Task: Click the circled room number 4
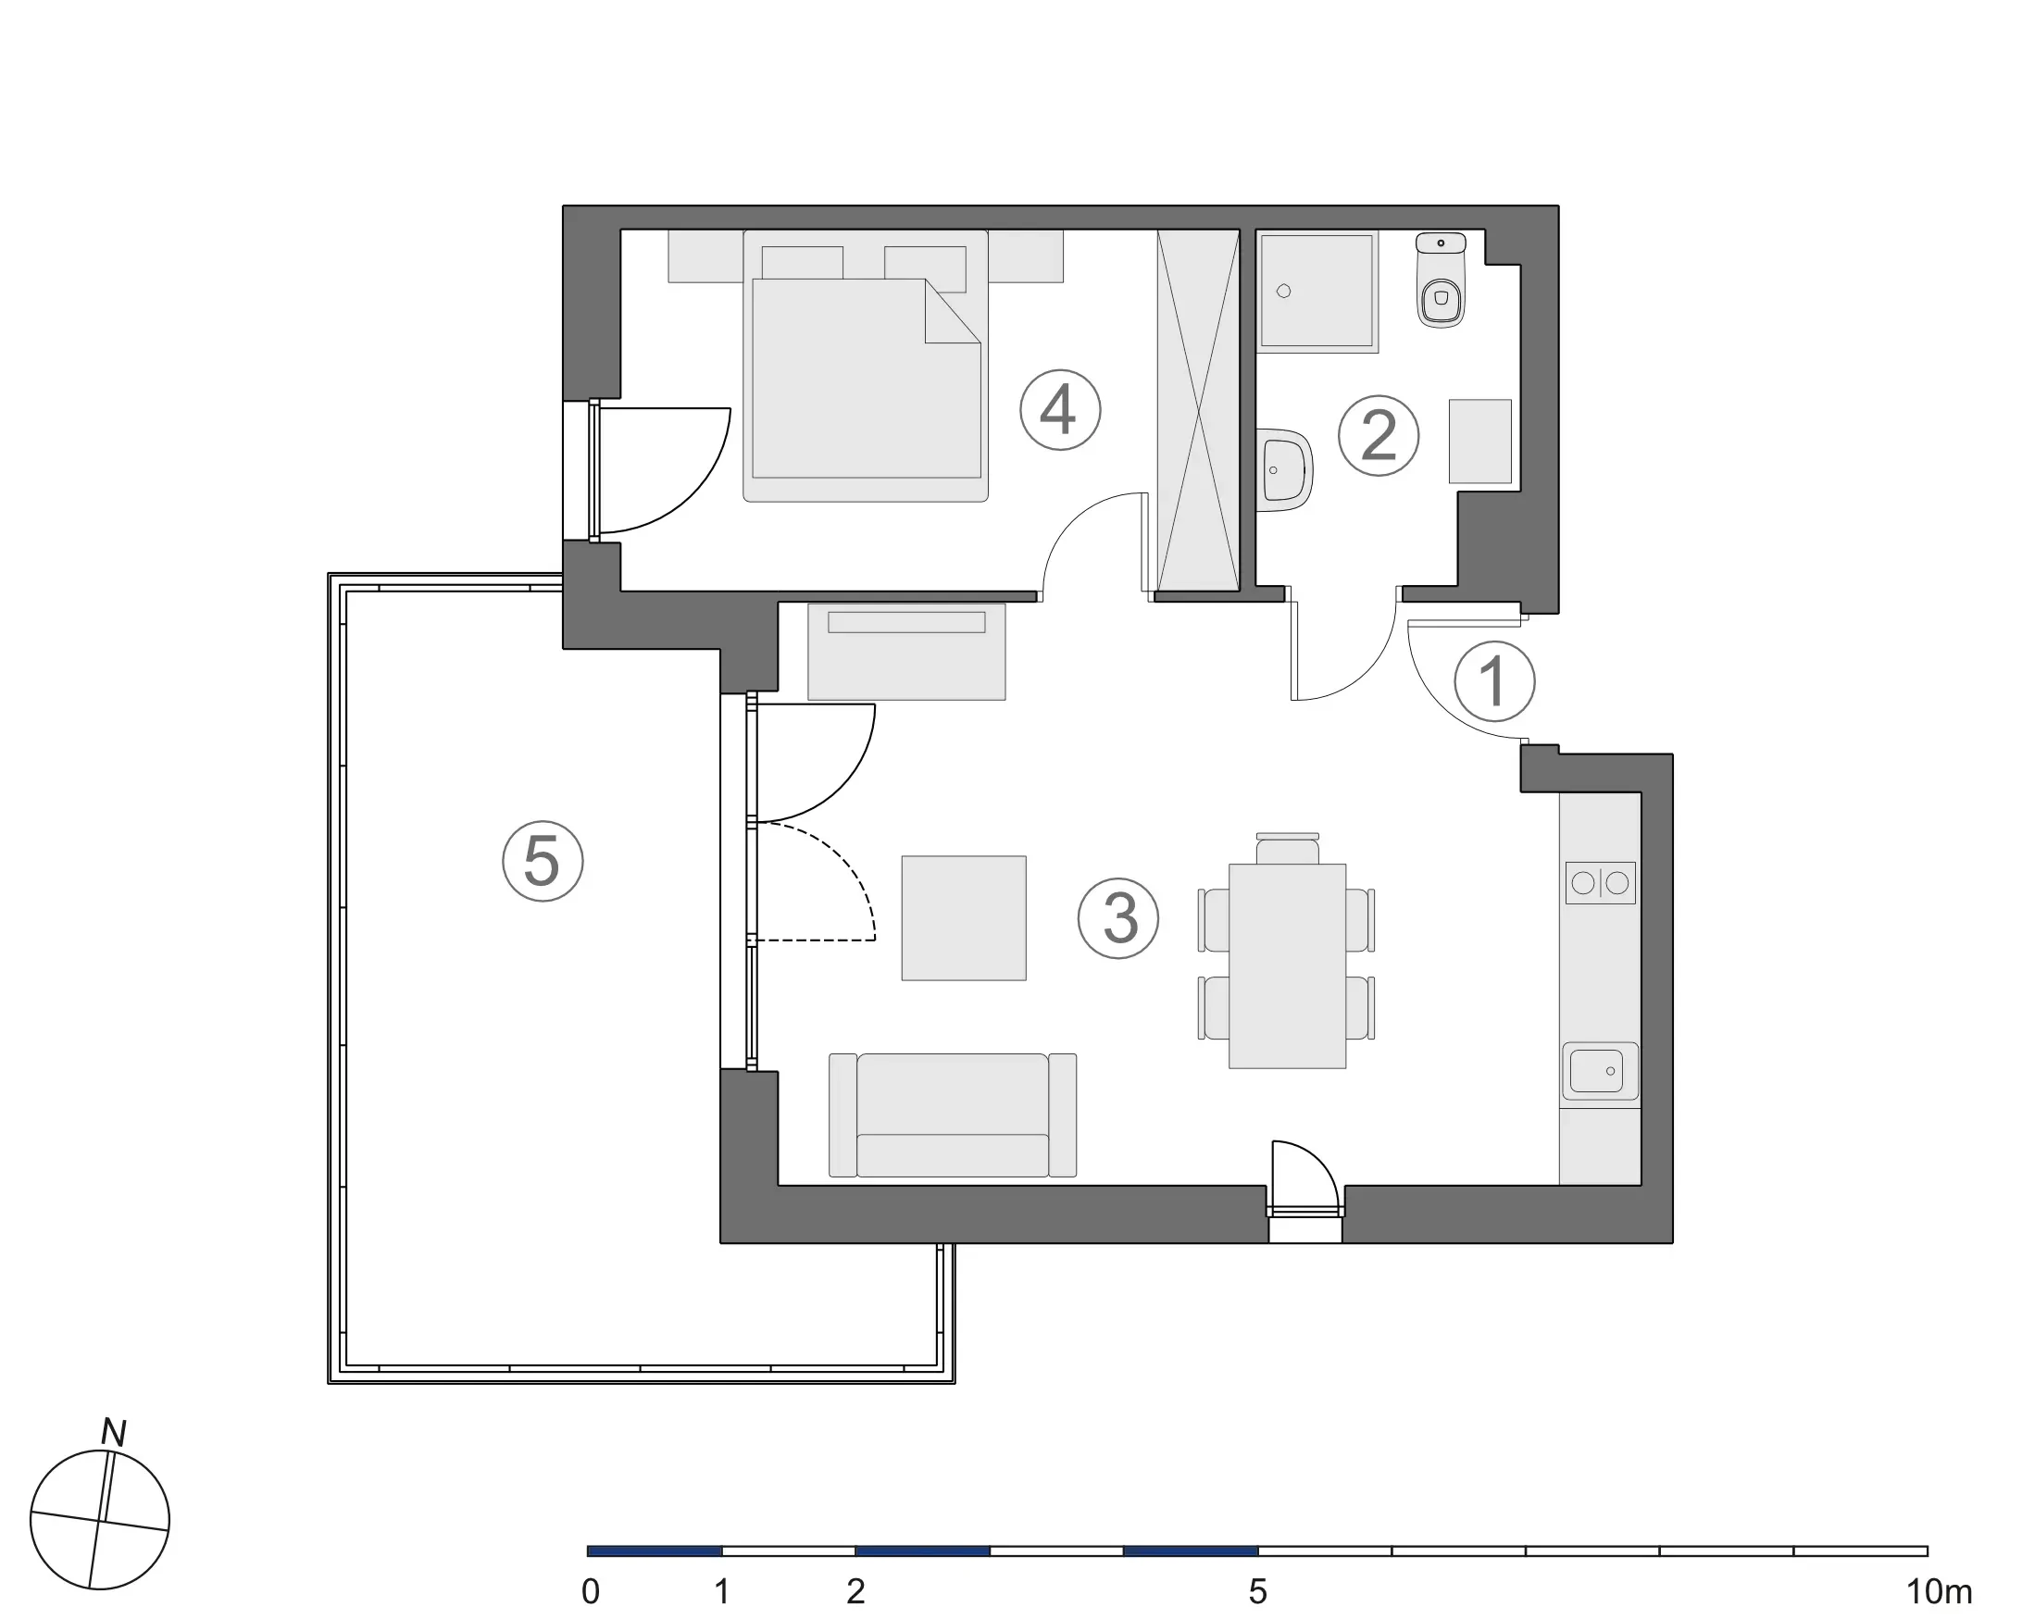pos(1060,410)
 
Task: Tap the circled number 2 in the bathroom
pos(1378,435)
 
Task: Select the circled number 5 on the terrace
pos(543,861)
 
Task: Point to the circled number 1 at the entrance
pos(1494,681)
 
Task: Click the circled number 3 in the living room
pos(1117,917)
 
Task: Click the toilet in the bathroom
pos(1441,281)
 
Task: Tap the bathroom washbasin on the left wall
pos(1284,469)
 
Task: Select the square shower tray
pos(1317,292)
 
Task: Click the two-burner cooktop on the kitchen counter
pos(1600,883)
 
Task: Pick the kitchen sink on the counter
pos(1599,1071)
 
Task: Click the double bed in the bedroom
pos(866,375)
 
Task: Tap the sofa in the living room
pos(952,1115)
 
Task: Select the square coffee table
pos(963,917)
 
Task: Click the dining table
pos(1287,965)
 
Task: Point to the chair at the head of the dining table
pos(1287,850)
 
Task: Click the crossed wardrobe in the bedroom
pos(1199,410)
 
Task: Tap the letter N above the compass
pos(114,1433)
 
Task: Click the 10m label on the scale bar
pos(1939,1592)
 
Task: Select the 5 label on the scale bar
pos(1257,1592)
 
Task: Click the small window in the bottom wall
pos(1304,1212)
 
